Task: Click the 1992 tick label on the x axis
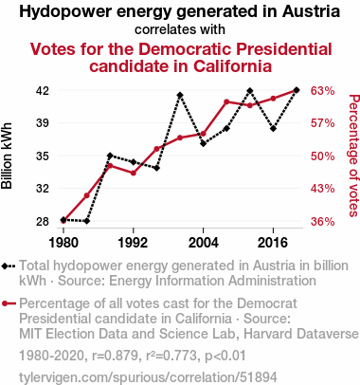point(133,243)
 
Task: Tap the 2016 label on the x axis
point(273,243)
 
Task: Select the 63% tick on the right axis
point(322,91)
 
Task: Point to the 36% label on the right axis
point(322,221)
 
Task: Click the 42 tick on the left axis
point(43,91)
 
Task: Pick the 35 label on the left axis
point(43,156)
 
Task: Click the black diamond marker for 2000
point(180,95)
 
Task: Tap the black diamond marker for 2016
point(273,129)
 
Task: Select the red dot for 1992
point(134,173)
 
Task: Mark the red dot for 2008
point(226,101)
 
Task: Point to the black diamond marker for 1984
point(87,221)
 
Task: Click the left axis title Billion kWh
point(7,156)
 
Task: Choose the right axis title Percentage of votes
point(353,156)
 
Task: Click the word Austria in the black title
point(312,11)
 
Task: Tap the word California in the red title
point(233,66)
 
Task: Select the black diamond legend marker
point(5,266)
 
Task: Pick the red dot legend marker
point(5,303)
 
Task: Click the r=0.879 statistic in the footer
point(115,356)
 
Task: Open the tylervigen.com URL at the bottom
point(148,377)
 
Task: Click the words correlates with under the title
point(180,29)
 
